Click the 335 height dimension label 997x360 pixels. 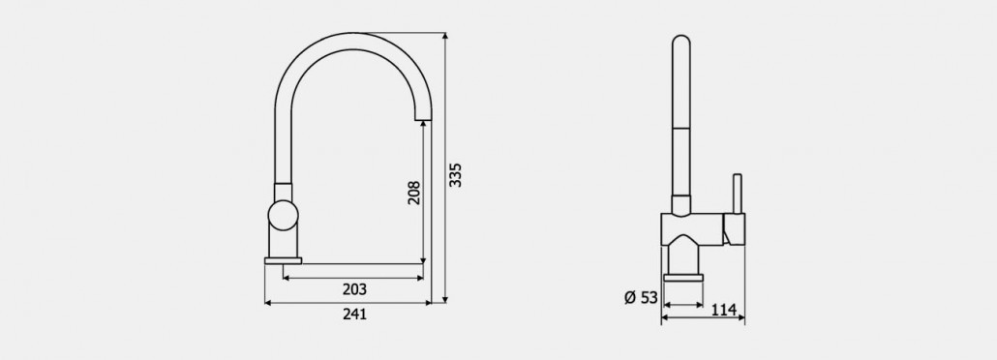(x=455, y=175)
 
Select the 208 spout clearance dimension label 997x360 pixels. (x=414, y=192)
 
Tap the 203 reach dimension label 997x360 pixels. (x=355, y=289)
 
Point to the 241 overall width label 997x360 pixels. (x=355, y=314)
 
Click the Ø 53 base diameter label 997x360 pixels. (x=641, y=297)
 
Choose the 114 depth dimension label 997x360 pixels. (x=724, y=310)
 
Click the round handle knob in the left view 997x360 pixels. (x=283, y=215)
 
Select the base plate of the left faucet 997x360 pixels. (x=283, y=260)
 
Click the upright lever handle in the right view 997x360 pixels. (x=738, y=194)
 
